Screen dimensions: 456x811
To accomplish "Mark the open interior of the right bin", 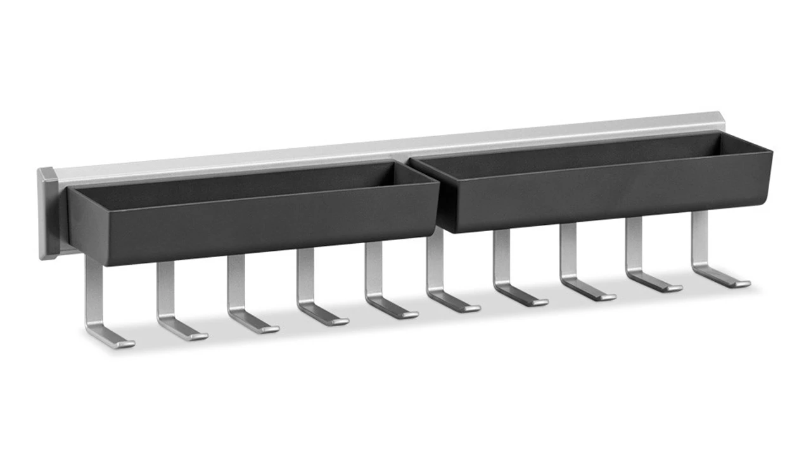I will click(x=589, y=149).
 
